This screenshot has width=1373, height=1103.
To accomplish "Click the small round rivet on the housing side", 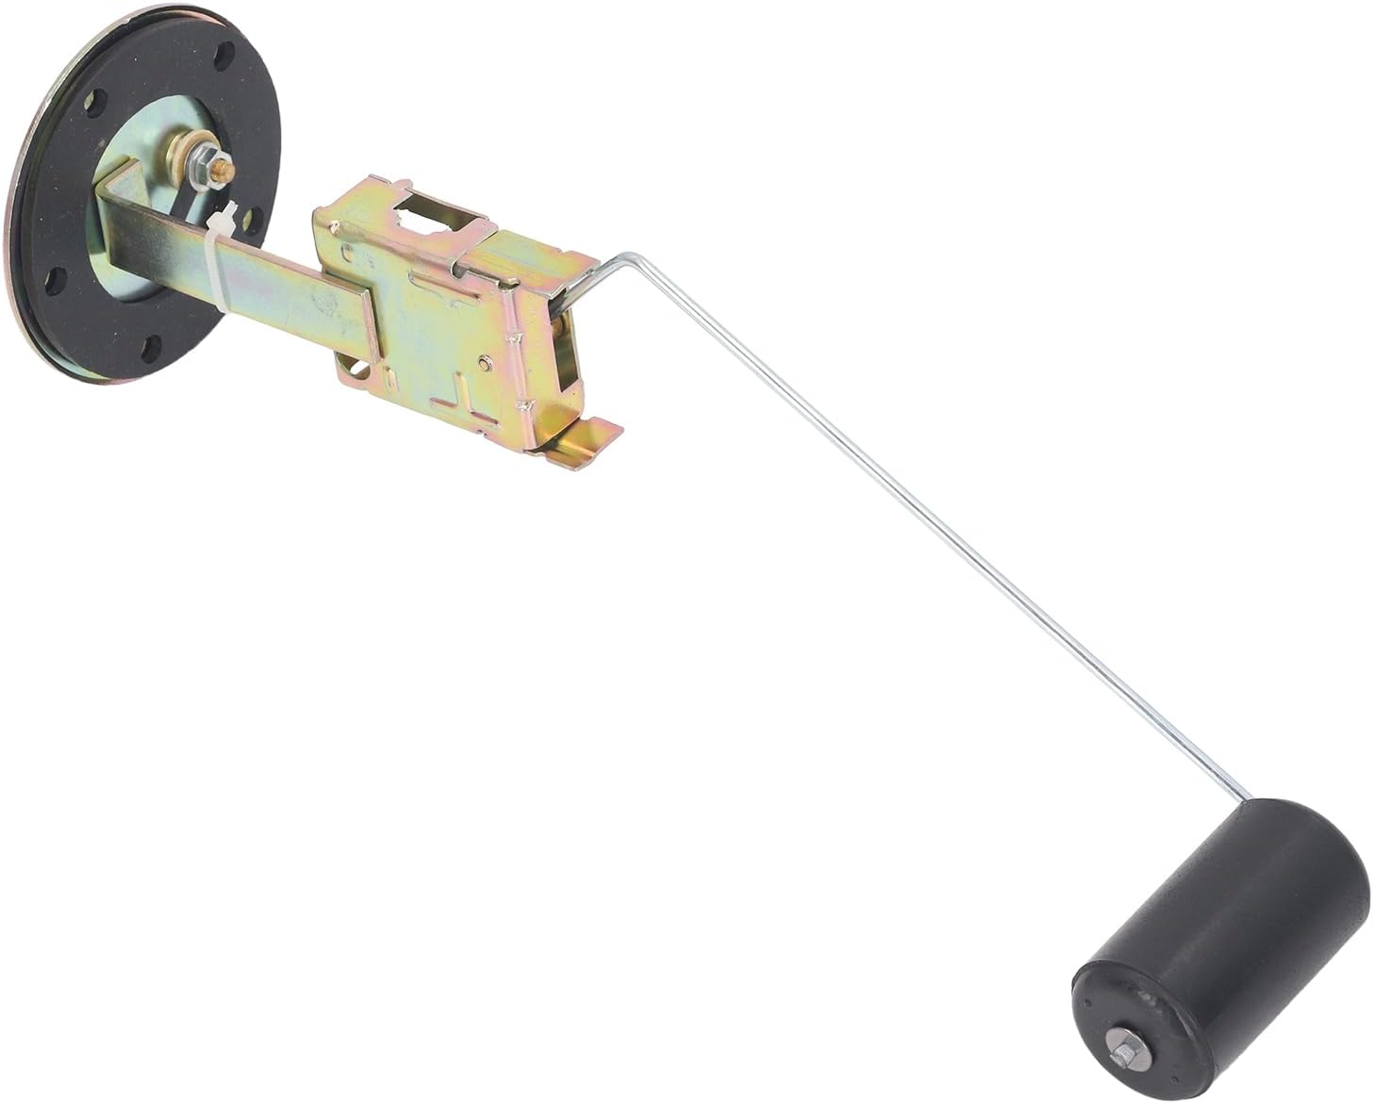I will (484, 361).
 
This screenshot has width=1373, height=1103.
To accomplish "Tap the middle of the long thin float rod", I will (934, 537).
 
